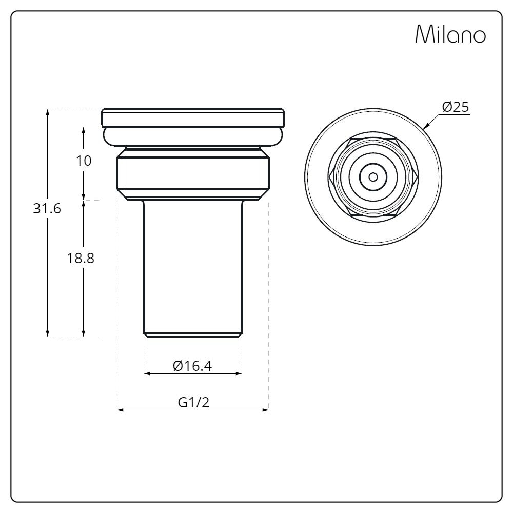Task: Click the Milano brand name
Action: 450,34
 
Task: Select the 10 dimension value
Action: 84,161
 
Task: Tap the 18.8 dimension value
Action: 81,258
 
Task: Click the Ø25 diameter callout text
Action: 456,107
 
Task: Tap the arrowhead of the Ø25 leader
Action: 425,127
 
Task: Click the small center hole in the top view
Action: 373,177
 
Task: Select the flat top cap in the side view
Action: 192,117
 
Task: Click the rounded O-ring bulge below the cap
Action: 192,136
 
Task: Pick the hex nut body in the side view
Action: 192,173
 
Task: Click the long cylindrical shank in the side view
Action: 192,267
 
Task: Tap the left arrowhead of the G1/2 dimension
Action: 120,409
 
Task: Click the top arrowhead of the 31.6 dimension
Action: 48,111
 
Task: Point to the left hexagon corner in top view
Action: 329,177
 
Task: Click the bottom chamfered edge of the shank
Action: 192,335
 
